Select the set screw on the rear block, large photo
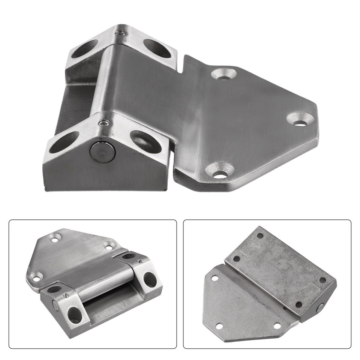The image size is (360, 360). point(120,33)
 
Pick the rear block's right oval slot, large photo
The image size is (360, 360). point(157,48)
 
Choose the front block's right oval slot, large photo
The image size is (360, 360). point(145,142)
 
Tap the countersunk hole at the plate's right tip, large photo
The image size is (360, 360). point(301,119)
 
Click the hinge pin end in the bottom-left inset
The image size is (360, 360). point(55,306)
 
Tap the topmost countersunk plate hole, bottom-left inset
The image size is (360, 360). point(55,237)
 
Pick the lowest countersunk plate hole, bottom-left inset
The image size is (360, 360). point(36,278)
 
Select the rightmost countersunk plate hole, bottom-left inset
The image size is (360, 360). point(109,246)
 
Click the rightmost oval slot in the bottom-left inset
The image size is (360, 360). point(150,279)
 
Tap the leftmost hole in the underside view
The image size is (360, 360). point(215,278)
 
